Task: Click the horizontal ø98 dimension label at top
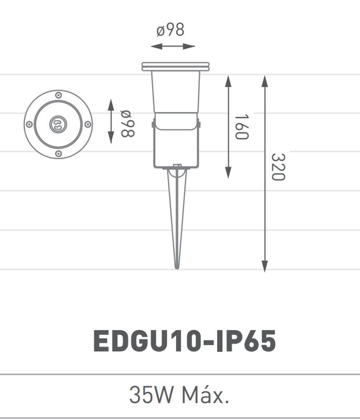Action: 171,30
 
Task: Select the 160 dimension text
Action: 241,127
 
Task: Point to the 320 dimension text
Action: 278,167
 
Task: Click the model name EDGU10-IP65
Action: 184,342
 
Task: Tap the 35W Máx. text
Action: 179,395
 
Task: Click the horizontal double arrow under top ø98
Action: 173,47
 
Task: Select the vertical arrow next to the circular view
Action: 111,120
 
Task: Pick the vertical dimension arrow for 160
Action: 228,127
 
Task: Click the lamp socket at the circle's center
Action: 57,124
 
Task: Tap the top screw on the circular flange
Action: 58,95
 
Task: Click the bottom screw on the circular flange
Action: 58,153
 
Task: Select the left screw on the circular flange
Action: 29,124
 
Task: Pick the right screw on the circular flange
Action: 87,124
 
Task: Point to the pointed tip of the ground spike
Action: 177,267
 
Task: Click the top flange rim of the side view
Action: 175,67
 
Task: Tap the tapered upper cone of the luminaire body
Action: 175,92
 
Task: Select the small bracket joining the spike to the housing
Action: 177,169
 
